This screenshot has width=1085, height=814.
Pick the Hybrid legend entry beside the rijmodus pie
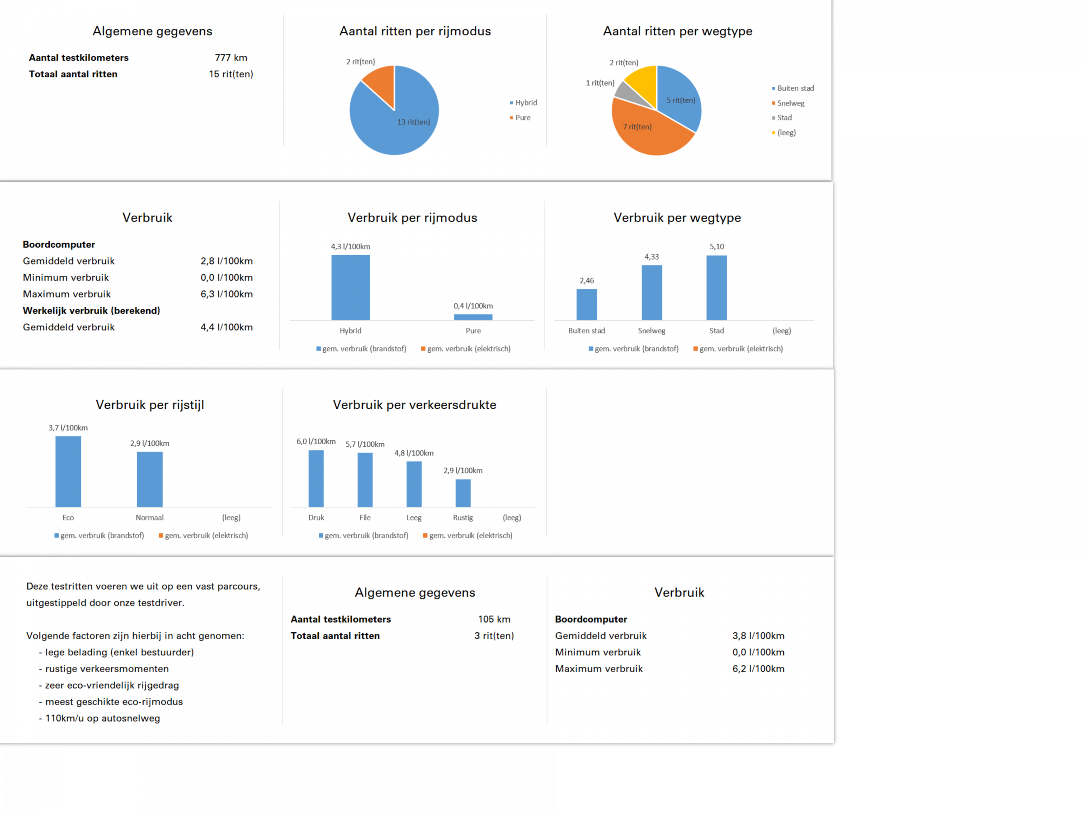524,103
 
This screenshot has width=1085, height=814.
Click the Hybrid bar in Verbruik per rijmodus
351,288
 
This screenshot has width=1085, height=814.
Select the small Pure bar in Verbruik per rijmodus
473,317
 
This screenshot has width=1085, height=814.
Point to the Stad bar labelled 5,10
717,288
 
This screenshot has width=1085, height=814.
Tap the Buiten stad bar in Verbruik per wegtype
587,305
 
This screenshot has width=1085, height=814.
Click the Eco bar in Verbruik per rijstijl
68,472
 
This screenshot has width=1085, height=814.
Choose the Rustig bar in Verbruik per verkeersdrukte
463,493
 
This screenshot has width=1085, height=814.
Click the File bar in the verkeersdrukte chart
365,480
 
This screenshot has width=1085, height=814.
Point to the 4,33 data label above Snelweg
652,256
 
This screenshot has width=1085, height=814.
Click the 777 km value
231,57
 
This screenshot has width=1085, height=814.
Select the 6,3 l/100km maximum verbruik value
226,294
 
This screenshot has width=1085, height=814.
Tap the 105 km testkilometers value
495,619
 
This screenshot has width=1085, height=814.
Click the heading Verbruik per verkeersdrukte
415,405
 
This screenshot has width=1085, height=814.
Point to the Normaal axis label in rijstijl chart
150,518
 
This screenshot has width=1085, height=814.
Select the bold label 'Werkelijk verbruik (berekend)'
92,311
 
